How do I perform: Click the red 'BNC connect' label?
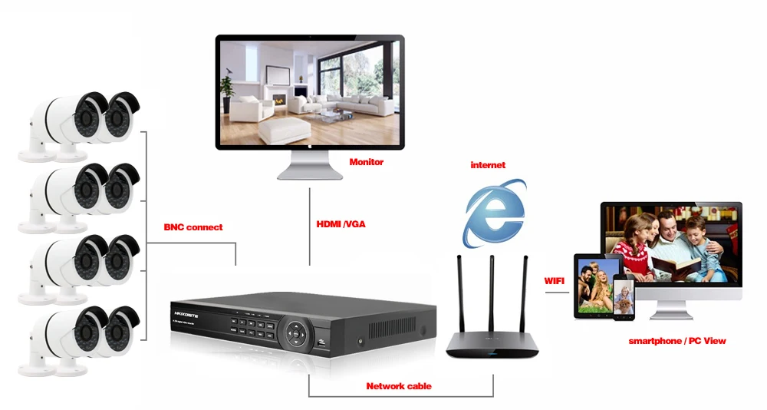[193, 227]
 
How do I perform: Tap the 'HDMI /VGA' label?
[341, 224]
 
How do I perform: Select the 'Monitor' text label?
[367, 162]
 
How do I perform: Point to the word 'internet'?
[488, 165]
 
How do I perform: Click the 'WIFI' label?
[555, 281]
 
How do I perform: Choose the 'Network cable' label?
[399, 386]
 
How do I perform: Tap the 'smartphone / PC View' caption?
[677, 341]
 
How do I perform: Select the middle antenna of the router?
[492, 294]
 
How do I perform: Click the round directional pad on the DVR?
[295, 335]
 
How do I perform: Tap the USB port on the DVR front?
[322, 345]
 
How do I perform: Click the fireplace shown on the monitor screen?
[279, 99]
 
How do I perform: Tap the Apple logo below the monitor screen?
[309, 145]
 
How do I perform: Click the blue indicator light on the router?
[492, 353]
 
